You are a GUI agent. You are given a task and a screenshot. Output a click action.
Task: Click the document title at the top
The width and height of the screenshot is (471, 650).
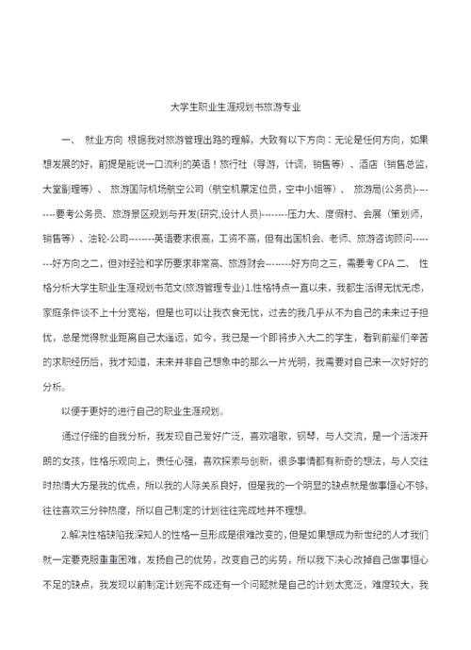tap(235, 108)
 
